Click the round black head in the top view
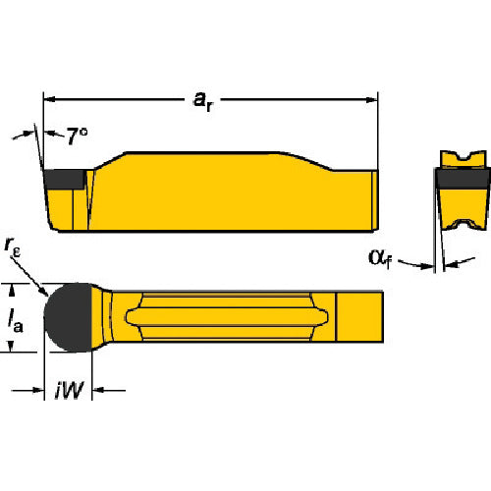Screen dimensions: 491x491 click(75, 318)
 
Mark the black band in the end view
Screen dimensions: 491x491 click(462, 181)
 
